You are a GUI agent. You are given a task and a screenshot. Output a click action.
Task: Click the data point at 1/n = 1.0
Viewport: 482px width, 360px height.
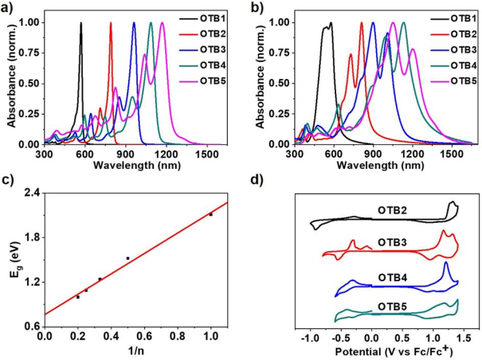tap(210, 214)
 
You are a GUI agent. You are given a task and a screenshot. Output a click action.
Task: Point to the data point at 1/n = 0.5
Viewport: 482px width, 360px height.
tap(128, 258)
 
